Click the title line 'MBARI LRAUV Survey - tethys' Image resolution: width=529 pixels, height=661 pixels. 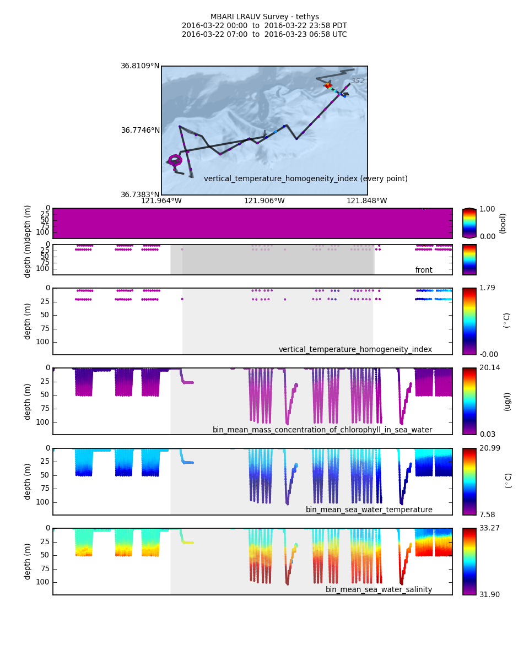264,17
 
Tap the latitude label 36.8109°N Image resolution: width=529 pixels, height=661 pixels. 140,66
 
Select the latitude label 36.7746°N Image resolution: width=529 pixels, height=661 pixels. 140,131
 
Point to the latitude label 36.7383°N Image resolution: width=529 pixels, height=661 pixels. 140,194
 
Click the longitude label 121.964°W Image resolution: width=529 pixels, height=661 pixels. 161,201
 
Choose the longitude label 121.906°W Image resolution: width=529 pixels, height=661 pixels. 264,201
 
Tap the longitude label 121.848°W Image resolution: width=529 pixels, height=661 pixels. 367,201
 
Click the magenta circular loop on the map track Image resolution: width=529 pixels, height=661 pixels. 175,160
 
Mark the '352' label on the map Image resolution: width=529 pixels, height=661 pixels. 358,81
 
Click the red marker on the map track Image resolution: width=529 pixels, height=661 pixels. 328,85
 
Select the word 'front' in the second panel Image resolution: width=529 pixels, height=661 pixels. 424,270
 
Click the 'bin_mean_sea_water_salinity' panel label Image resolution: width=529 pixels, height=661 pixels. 379,589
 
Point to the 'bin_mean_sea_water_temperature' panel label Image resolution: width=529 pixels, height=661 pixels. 369,510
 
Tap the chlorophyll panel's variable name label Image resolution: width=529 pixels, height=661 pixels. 322,430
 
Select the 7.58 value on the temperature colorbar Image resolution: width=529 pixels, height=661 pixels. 487,514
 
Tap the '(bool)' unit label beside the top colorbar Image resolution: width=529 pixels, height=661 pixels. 502,223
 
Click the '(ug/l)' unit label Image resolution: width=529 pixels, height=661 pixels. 507,401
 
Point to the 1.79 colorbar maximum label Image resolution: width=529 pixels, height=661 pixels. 487,288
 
